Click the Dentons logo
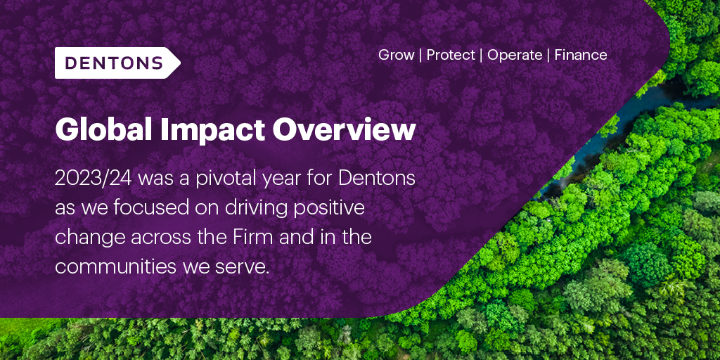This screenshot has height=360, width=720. coord(117,63)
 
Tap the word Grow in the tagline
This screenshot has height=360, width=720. coord(396,55)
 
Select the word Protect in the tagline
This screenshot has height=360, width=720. coord(451,55)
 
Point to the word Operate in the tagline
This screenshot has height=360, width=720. coord(515,55)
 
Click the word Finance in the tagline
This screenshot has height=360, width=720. coord(581,55)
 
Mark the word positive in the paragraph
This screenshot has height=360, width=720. coord(331,208)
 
